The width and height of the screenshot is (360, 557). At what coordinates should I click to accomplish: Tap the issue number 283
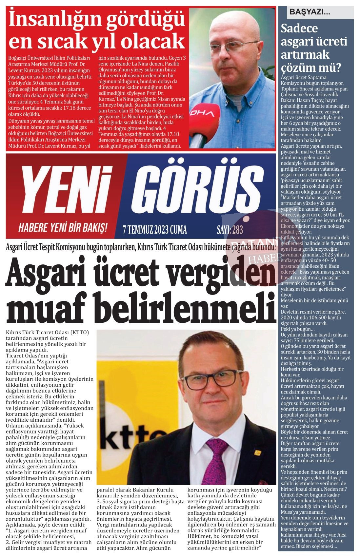tap(237, 230)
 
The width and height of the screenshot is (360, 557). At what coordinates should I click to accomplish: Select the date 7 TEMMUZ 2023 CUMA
tap(154, 230)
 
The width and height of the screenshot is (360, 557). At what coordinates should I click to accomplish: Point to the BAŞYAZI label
tap(310, 12)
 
